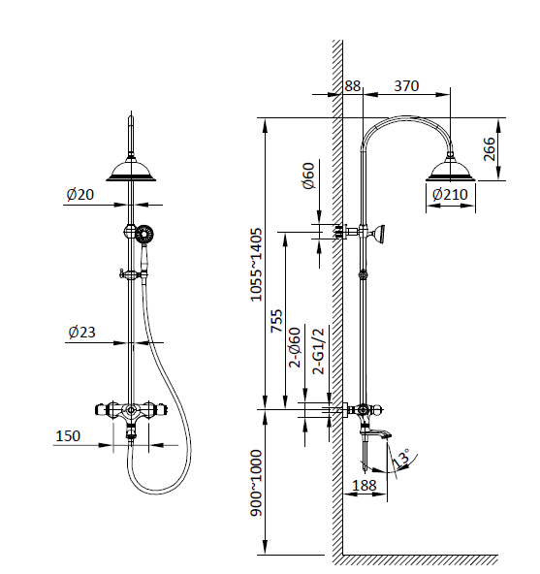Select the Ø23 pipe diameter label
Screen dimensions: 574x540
pos(81,333)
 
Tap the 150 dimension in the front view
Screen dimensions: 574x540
pos(67,436)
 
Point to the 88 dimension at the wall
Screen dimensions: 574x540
pos(352,86)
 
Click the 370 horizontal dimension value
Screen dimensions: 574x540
pos(406,86)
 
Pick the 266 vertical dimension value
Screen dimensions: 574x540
pos(490,149)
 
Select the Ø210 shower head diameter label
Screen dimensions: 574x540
pos(450,194)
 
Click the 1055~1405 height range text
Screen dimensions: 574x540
pos(257,264)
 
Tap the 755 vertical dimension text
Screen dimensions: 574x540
pos(276,321)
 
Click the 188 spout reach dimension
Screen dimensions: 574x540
pos(365,484)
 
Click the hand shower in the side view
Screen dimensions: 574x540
pos(384,233)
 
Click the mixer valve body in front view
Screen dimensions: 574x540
pos(131,411)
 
